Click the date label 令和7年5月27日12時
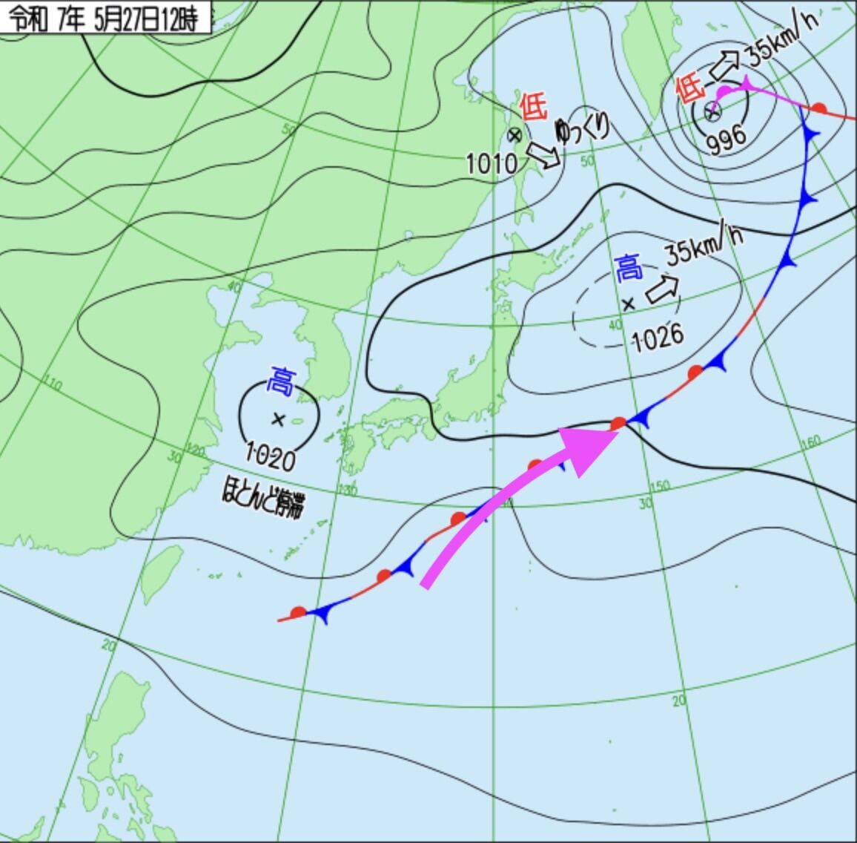pyautogui.click(x=106, y=19)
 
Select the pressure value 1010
pyautogui.click(x=492, y=163)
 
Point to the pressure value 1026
pyautogui.click(x=658, y=338)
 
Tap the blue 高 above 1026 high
pyautogui.click(x=629, y=267)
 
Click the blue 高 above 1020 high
pyautogui.click(x=281, y=381)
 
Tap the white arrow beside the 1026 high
pyautogui.click(x=663, y=288)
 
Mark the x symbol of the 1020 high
pyautogui.click(x=278, y=419)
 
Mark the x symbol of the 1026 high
pyautogui.click(x=629, y=303)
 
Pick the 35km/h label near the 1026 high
pyautogui.click(x=704, y=243)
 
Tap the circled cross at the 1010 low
pyautogui.click(x=514, y=135)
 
